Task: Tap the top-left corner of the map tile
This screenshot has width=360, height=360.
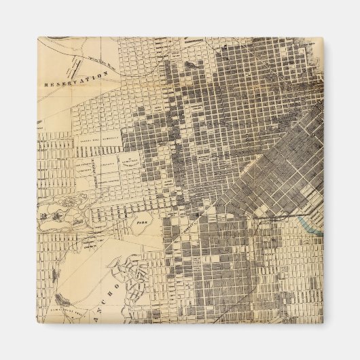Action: (37, 37)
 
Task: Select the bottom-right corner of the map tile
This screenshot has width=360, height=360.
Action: (323, 323)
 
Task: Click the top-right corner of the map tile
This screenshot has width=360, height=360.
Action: (323, 37)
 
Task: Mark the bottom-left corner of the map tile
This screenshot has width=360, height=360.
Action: (37, 323)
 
